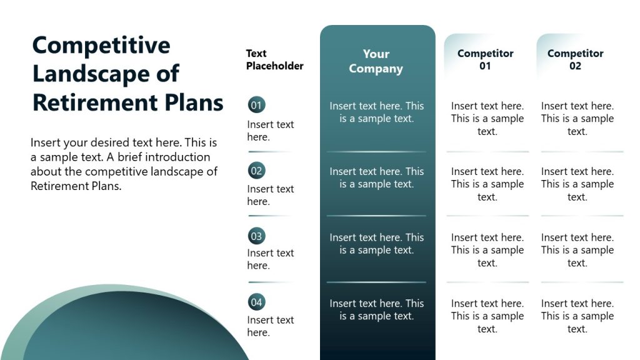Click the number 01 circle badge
pyautogui.click(x=256, y=105)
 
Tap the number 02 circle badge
pyautogui.click(x=256, y=170)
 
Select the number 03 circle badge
pyautogui.click(x=256, y=236)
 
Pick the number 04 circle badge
pyautogui.click(x=256, y=302)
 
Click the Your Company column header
pyautogui.click(x=376, y=61)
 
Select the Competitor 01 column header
pyautogui.click(x=485, y=59)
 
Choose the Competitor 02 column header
pyautogui.click(x=575, y=59)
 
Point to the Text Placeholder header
pyautogui.click(x=274, y=59)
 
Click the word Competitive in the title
pyautogui.click(x=101, y=46)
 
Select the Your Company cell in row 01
pyautogui.click(x=376, y=112)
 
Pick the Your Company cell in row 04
pyautogui.click(x=376, y=309)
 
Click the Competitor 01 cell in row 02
pyautogui.click(x=487, y=184)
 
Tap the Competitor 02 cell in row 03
pyautogui.click(x=577, y=250)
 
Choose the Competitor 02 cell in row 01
pyautogui.click(x=577, y=118)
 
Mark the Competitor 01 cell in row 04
pyautogui.click(x=487, y=316)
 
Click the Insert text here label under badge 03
pyautogui.click(x=270, y=259)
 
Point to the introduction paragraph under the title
pyautogui.click(x=124, y=164)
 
